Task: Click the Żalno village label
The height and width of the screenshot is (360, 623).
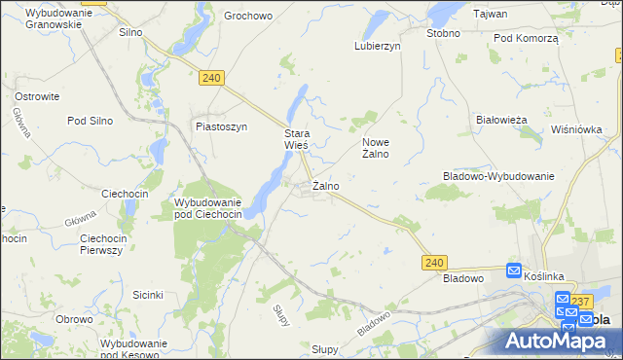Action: pos(325,185)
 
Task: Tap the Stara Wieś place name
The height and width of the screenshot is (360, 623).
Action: pos(296,139)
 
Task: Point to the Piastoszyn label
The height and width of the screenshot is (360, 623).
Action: pos(222,126)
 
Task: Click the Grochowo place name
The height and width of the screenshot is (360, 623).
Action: pos(247,16)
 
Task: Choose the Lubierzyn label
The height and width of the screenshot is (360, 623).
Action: pos(380,45)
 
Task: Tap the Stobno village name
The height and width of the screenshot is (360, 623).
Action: pos(443,32)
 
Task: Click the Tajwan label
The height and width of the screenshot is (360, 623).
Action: pos(491,14)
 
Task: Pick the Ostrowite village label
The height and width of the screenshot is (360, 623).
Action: pos(38,96)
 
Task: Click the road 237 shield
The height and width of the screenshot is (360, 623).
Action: pos(582,301)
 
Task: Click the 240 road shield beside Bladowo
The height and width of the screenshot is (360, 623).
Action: pos(434,262)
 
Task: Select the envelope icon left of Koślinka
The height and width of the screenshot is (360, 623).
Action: pos(515,272)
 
